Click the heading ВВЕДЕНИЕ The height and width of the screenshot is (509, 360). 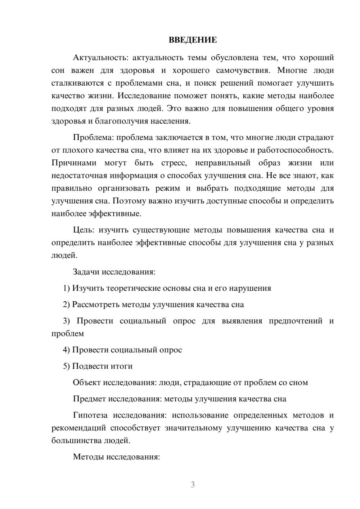click(x=193, y=40)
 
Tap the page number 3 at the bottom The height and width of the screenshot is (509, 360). click(x=193, y=485)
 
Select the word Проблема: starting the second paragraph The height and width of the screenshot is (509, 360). click(x=93, y=137)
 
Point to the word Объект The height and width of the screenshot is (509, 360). click(x=87, y=382)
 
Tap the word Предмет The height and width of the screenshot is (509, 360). click(x=89, y=399)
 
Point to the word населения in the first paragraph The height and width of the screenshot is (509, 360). click(x=171, y=121)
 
